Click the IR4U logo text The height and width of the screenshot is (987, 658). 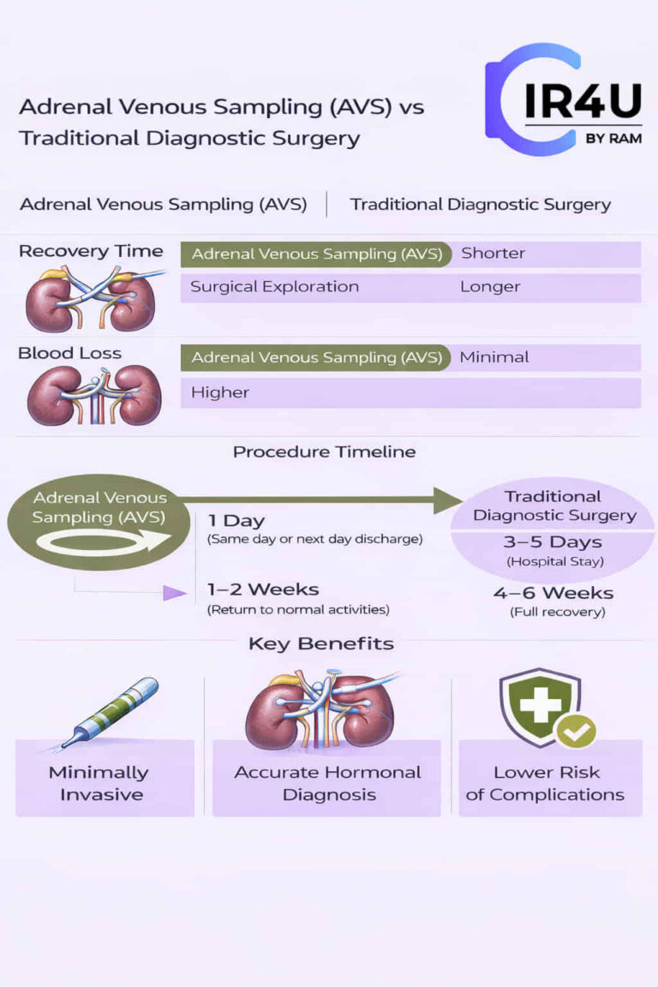coord(583,101)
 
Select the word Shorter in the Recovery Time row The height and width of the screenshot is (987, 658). coord(493,254)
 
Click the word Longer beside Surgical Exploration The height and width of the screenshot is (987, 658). coord(490,287)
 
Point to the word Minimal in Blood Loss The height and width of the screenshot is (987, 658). coord(494,357)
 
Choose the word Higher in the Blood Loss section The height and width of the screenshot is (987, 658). coord(220,392)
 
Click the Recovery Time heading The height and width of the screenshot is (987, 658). coord(91,251)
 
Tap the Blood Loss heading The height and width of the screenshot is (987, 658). coord(69,353)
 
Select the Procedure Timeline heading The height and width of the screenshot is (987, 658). coord(324,452)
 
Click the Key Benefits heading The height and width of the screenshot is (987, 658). coord(321,643)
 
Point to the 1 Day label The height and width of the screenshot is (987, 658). coord(236,521)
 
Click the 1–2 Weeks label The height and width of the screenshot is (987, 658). coord(263,589)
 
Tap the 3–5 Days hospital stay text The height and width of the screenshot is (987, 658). coord(553,542)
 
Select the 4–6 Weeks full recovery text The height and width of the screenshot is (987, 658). coord(553,593)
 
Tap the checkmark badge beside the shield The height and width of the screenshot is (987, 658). coord(575,731)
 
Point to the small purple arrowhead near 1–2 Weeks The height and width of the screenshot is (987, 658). coord(175,593)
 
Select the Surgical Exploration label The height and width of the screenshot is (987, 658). coord(274,287)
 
